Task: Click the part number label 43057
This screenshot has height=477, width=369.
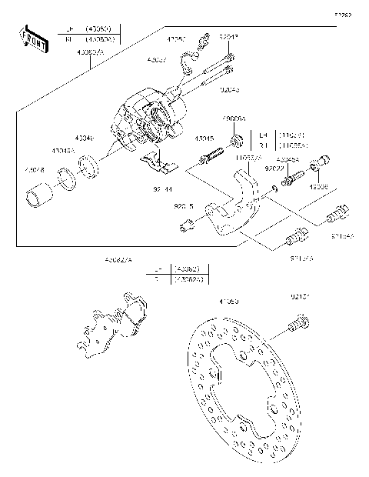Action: pos(157,58)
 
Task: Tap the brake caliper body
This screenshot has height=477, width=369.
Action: pos(146,123)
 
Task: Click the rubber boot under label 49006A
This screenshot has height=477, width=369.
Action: pos(237,140)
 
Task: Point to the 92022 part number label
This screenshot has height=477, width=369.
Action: pos(274,168)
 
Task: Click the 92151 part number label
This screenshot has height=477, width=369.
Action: pos(301,295)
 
